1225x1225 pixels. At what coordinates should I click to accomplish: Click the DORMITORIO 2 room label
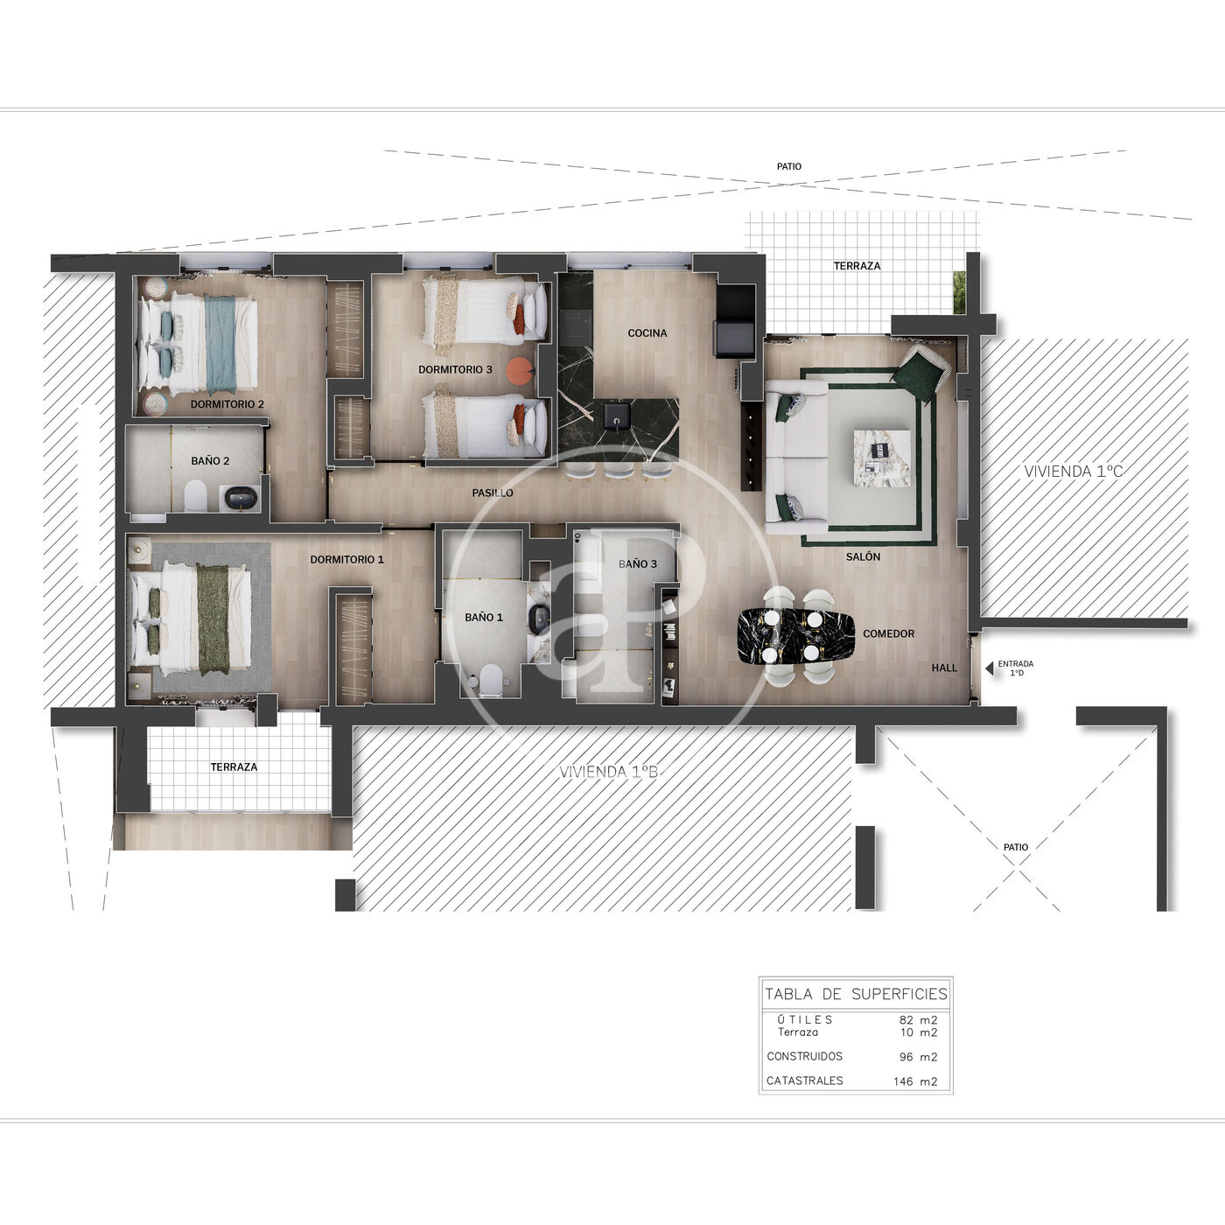[227, 403]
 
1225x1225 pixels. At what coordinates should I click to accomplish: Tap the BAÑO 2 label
[210, 460]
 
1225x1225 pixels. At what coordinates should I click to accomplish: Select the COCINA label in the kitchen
[647, 332]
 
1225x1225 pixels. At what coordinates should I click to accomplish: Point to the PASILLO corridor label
[492, 493]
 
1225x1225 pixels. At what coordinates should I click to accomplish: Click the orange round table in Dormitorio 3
[519, 371]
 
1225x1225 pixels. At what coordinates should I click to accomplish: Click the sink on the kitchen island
[616, 415]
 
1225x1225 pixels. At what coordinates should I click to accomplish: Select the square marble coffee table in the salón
[881, 458]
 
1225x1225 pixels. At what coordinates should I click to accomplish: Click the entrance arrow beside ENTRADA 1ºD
[989, 668]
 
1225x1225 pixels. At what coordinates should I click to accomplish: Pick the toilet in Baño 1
[491, 679]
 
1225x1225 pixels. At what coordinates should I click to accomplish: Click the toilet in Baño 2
[196, 496]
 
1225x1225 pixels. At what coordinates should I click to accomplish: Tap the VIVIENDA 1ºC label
[1073, 471]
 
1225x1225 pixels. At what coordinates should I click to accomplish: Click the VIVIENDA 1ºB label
[608, 772]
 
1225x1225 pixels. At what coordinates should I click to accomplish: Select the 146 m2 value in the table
[914, 1081]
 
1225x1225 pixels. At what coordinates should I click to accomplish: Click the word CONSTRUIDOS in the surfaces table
[804, 1056]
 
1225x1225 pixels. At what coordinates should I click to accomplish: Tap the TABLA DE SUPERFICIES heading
[856, 994]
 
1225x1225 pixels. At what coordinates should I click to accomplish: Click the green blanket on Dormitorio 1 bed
[213, 619]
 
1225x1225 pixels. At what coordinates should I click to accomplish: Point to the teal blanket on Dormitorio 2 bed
[220, 345]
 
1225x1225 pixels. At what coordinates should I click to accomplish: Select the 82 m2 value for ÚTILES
[919, 1019]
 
